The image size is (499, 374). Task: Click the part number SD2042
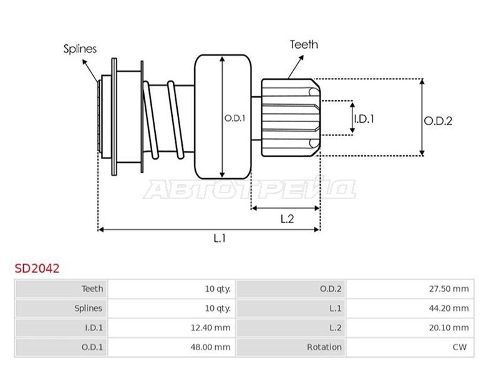coord(37,269)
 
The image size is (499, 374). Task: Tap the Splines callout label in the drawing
coord(79,49)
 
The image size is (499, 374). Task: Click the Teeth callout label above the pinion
coord(304,44)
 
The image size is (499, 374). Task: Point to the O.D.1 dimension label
coord(235,117)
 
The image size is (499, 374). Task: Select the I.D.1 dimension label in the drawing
coord(364,117)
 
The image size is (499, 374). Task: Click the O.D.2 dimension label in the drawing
coord(438,121)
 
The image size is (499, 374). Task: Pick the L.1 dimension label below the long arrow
coord(219,237)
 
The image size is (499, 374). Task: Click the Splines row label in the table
coord(88,308)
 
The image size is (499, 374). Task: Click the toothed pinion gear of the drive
coord(290,117)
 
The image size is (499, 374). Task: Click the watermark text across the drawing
coord(249,189)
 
